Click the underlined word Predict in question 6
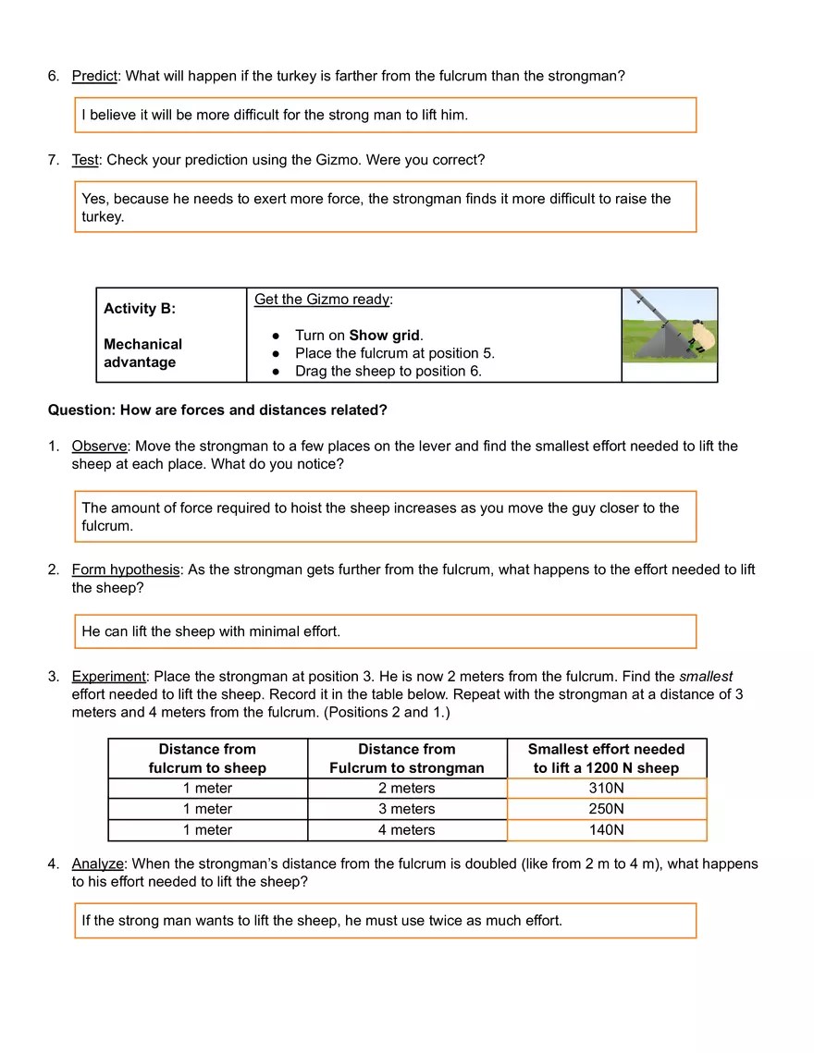click(x=94, y=76)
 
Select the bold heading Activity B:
click(x=140, y=309)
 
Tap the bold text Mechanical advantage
click(x=142, y=353)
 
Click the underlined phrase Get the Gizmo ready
click(x=323, y=300)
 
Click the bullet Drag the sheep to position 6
click(x=388, y=371)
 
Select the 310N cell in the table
click(x=607, y=789)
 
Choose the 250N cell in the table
click(x=607, y=809)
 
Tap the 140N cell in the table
click(x=607, y=830)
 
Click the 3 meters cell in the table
click(x=406, y=809)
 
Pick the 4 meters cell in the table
click(x=406, y=830)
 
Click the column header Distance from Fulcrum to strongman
click(x=406, y=758)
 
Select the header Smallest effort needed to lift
click(x=606, y=758)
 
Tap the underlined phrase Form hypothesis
click(x=126, y=570)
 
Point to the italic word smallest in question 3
click(x=706, y=677)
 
